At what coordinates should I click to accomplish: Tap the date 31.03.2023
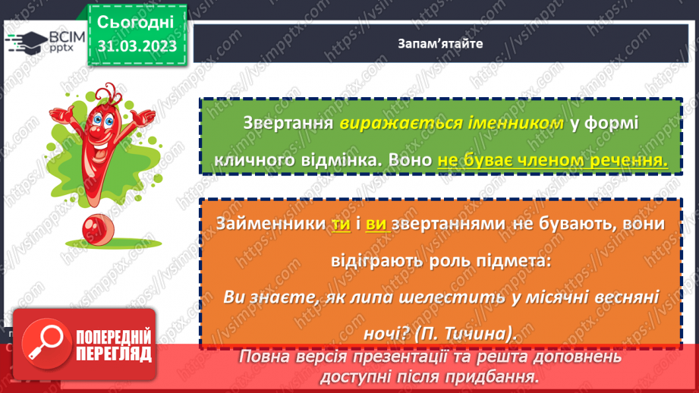[x=136, y=46]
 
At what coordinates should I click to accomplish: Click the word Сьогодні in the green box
[x=136, y=20]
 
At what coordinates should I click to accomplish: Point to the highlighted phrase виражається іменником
[x=452, y=124]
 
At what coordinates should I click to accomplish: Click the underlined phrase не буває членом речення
[x=553, y=161]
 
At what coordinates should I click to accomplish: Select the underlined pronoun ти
[x=339, y=225]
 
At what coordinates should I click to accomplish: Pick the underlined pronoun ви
[x=376, y=225]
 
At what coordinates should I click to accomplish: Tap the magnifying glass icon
[x=38, y=344]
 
